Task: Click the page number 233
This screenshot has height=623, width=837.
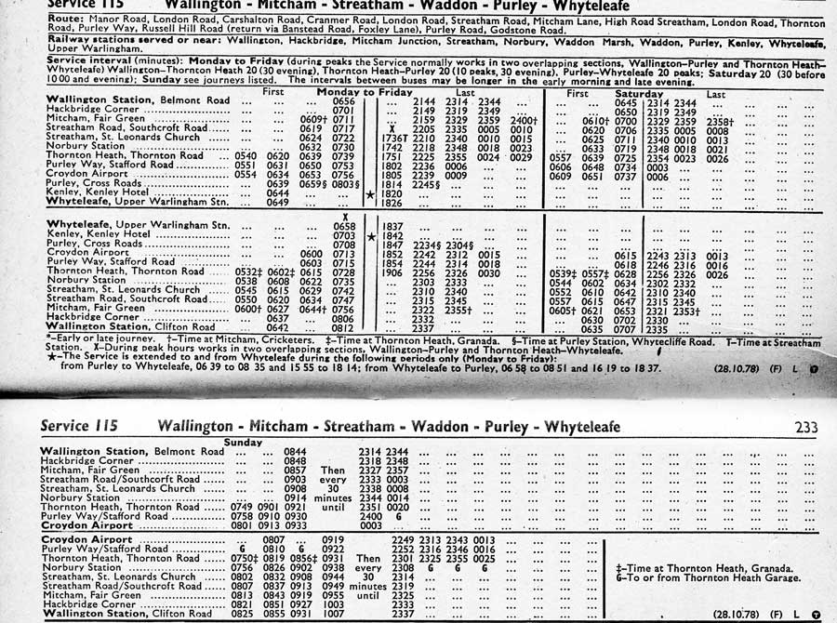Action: tap(805, 428)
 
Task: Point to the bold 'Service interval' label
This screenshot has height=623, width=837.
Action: tap(89, 59)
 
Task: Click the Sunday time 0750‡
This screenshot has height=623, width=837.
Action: tap(246, 558)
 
